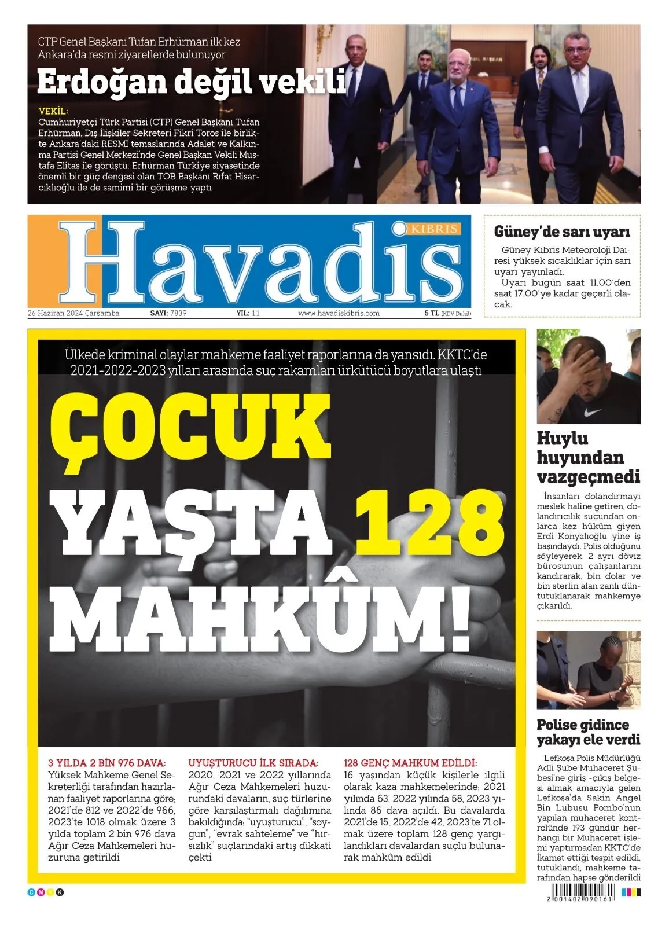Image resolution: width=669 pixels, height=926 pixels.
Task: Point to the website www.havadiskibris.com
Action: [x=339, y=313]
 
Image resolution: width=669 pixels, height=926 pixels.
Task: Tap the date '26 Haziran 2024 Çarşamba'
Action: [x=73, y=313]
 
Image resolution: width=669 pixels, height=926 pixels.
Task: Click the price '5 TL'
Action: [x=432, y=313]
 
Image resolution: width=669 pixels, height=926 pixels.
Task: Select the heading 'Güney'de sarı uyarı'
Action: [x=561, y=231]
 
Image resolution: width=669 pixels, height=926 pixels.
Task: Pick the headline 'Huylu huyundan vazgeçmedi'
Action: [x=588, y=457]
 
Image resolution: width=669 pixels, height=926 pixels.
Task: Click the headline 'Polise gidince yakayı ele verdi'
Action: [x=588, y=732]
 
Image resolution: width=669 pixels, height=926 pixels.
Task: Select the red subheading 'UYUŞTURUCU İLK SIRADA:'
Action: [x=253, y=763]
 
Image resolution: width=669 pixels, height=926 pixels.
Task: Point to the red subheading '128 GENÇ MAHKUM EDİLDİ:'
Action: [x=410, y=763]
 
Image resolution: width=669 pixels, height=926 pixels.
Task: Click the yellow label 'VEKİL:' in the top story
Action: [x=53, y=111]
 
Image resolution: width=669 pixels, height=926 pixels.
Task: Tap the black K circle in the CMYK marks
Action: [x=60, y=892]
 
